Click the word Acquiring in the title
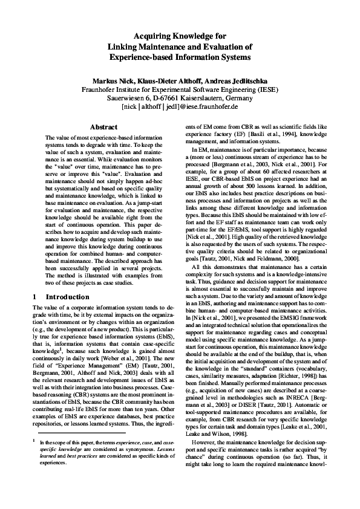click(x=150, y=36)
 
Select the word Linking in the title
click(x=123, y=47)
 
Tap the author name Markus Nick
click(x=113, y=80)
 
